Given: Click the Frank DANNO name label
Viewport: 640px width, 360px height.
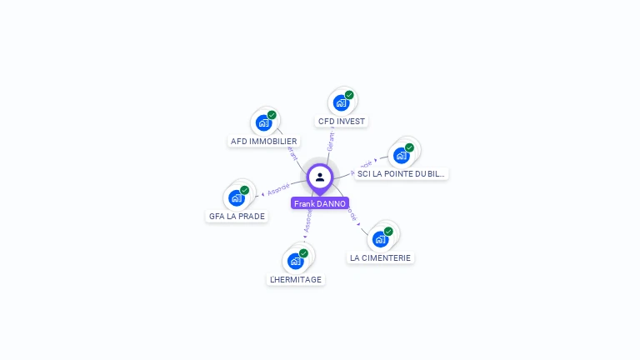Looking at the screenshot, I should pyautogui.click(x=320, y=203).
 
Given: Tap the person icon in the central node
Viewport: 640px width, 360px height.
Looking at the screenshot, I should pyautogui.click(x=320, y=177).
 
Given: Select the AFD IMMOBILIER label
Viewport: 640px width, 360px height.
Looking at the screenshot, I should pyautogui.click(x=264, y=142).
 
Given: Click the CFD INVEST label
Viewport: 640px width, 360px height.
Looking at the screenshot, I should pyautogui.click(x=342, y=122).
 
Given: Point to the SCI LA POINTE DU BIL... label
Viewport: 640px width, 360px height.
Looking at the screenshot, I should pyautogui.click(x=402, y=174).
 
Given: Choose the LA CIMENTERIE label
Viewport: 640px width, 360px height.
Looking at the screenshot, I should pyautogui.click(x=381, y=258).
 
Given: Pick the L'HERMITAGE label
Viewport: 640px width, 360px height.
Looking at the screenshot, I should pyautogui.click(x=296, y=280).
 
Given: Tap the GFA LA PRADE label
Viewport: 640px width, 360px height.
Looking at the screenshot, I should pyautogui.click(x=237, y=217).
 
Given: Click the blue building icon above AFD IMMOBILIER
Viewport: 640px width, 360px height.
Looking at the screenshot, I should pyautogui.click(x=263, y=123).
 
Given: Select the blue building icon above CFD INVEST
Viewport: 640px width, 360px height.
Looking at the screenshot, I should pyautogui.click(x=341, y=103).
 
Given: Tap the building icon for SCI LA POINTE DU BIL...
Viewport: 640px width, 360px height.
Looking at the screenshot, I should pyautogui.click(x=402, y=156).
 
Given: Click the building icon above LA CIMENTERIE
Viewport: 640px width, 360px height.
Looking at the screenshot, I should pyautogui.click(x=380, y=240).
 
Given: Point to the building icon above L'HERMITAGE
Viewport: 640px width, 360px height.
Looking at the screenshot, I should pyautogui.click(x=295, y=262).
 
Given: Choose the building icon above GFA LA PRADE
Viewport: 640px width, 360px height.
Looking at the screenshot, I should pyautogui.click(x=236, y=198).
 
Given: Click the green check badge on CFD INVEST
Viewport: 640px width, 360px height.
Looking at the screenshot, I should pyautogui.click(x=349, y=95).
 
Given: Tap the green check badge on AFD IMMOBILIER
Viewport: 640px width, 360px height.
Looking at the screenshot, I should pyautogui.click(x=272, y=115).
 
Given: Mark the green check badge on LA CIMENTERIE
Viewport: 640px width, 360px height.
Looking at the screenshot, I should pyautogui.click(x=388, y=232).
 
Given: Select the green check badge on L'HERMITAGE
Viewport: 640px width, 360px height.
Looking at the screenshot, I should pyautogui.click(x=303, y=253).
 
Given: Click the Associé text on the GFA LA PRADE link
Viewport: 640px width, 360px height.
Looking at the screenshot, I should pyautogui.click(x=278, y=190).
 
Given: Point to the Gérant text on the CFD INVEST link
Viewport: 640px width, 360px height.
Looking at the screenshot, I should pyautogui.click(x=331, y=141).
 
